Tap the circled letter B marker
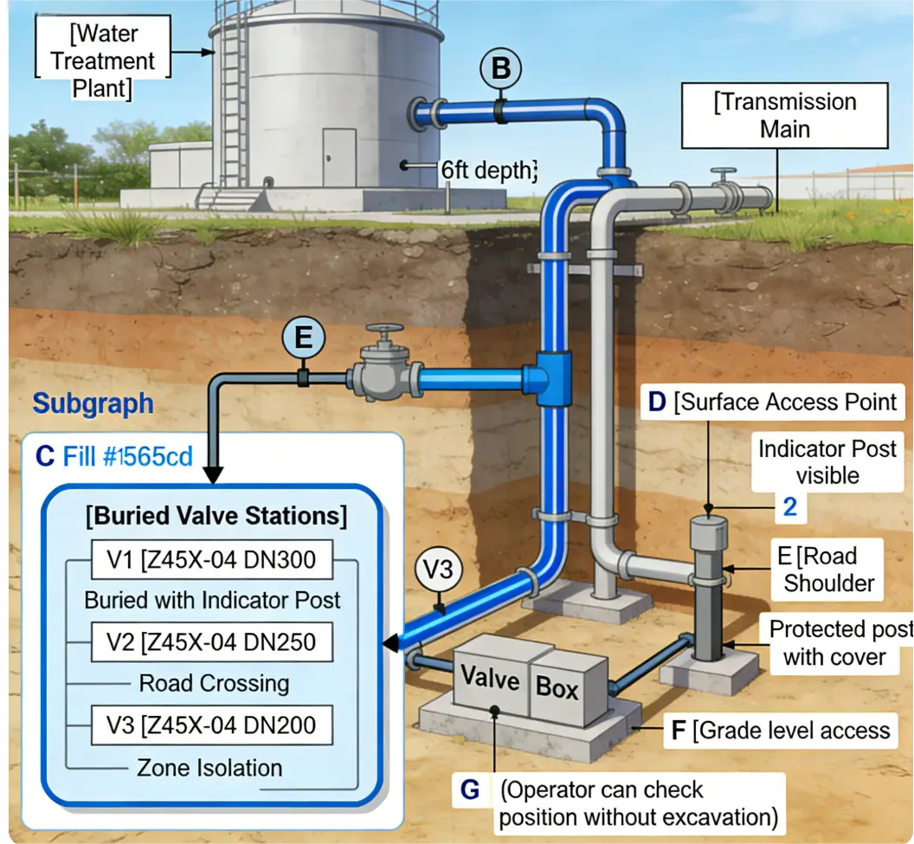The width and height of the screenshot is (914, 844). pyautogui.click(x=502, y=68)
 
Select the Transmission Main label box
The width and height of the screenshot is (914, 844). pyautogui.click(x=784, y=114)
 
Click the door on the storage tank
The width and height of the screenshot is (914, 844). pyautogui.click(x=339, y=158)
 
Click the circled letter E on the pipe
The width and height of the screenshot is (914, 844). pyautogui.click(x=303, y=338)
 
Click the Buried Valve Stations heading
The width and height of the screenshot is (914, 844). pyautogui.click(x=216, y=517)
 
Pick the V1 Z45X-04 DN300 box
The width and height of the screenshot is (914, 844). pyautogui.click(x=211, y=560)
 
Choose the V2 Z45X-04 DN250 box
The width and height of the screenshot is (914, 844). pyautogui.click(x=211, y=641)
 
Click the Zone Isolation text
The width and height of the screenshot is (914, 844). pyautogui.click(x=209, y=768)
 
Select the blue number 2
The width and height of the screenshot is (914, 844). pyautogui.click(x=789, y=507)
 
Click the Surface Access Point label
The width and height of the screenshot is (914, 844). pyautogui.click(x=775, y=403)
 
